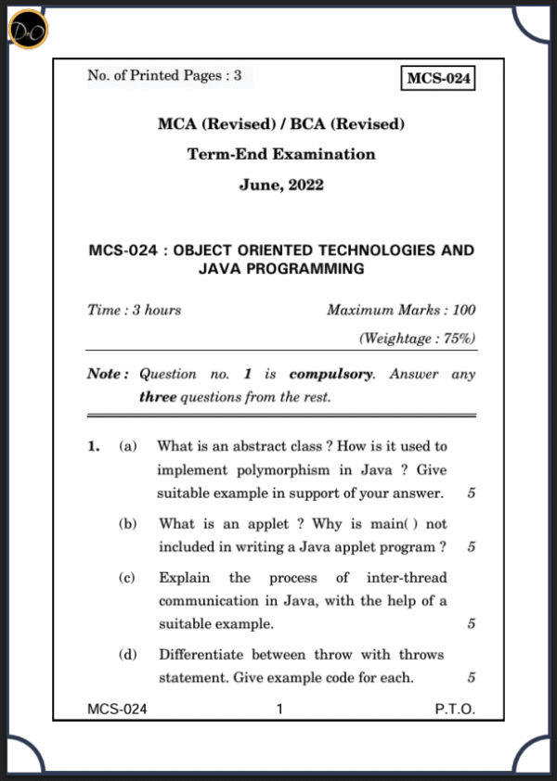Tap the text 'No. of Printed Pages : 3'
(164, 76)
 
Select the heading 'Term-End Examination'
(281, 154)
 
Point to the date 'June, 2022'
(281, 185)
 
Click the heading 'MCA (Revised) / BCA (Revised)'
(281, 124)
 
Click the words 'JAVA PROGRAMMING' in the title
(281, 269)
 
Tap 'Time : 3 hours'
(134, 310)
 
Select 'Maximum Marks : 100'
(401, 310)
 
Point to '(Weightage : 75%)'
(417, 339)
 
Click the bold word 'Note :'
(108, 374)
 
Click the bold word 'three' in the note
(157, 397)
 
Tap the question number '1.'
(94, 447)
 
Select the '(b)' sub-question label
(127, 524)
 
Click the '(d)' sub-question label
(127, 655)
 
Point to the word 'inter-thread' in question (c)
(407, 578)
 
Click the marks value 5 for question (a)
(472, 493)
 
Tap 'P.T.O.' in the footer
(455, 710)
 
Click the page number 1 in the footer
(279, 710)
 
